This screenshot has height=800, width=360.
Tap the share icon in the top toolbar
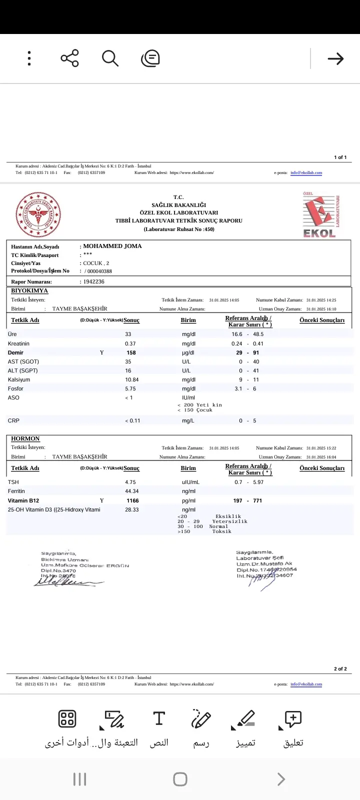70,58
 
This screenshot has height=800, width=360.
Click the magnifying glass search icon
110,58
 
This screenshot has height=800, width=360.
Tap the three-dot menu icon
29,58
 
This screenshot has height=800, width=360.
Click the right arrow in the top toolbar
335,59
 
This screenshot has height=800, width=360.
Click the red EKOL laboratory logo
320,215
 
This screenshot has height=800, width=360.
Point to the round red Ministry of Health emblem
38,215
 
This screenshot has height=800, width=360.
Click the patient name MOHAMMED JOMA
112,246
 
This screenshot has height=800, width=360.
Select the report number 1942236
94,281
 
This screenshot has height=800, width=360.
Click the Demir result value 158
131,352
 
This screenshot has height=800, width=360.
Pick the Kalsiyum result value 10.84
132,379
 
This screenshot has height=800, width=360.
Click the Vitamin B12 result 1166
132,500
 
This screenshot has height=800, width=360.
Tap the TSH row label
13,482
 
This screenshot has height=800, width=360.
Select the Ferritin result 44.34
132,491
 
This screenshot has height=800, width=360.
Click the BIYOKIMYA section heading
29,290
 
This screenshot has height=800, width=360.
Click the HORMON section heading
25,438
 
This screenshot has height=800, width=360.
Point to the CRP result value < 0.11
132,420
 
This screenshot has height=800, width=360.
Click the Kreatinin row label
18,343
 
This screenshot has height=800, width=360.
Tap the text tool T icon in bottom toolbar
159,718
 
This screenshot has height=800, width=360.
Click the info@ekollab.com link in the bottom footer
306,684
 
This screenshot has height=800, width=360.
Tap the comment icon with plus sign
293,718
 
